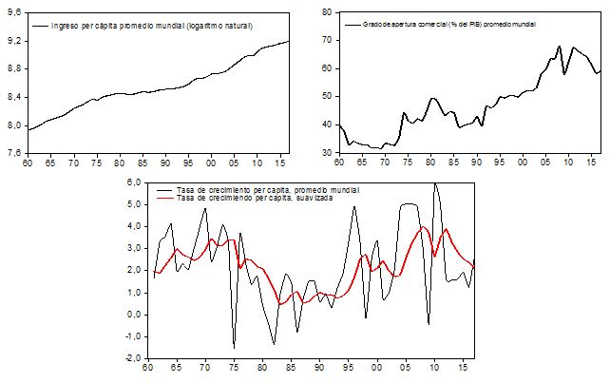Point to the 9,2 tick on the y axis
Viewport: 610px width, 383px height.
pos(12,42)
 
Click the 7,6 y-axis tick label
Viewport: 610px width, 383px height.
pos(12,152)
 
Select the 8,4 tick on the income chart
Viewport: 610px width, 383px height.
pos(12,97)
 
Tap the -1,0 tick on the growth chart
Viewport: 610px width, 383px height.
pos(132,336)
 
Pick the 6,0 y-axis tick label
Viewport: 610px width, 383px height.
pos(134,182)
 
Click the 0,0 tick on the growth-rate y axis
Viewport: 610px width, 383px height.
pos(134,315)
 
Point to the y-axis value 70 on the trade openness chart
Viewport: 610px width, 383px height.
pos(326,41)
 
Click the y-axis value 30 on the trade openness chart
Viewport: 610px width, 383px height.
pos(326,152)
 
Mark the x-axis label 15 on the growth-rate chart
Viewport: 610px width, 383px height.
pos(465,369)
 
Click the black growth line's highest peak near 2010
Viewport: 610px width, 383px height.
pos(435,183)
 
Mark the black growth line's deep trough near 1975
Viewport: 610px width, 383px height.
pos(234,348)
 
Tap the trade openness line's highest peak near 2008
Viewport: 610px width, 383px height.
pos(560,46)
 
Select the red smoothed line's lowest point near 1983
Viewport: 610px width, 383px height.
pos(279,303)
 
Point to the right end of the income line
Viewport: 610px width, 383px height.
pos(290,41)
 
